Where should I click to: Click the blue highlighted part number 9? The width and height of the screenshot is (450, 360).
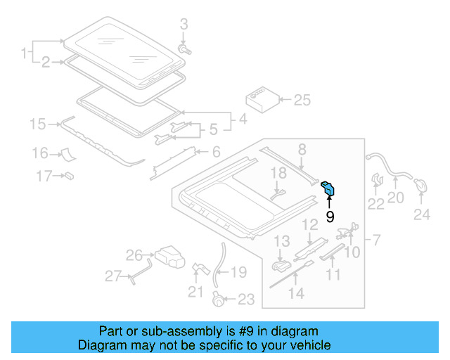[329, 188]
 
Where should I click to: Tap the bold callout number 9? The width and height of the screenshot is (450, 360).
[330, 217]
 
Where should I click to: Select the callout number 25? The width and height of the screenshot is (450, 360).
[302, 100]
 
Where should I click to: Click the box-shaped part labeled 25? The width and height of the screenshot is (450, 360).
[260, 100]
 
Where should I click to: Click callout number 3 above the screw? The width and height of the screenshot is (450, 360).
[184, 25]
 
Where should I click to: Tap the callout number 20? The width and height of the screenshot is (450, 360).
[396, 198]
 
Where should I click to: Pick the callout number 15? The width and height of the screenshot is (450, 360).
[37, 124]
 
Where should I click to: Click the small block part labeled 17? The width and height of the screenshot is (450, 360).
[70, 175]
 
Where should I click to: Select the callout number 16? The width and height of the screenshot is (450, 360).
[39, 153]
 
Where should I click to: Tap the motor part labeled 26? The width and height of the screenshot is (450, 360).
[168, 255]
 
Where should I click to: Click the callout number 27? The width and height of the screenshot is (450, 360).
[113, 276]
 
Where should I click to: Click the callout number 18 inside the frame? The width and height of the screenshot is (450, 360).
[278, 173]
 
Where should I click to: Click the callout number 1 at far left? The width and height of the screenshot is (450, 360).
[23, 53]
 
